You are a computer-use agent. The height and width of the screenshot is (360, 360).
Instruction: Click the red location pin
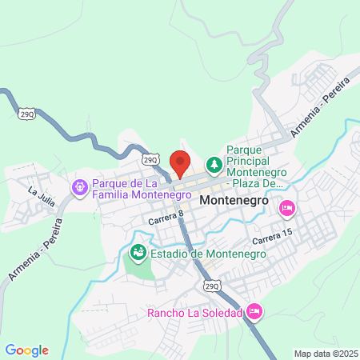pyautogui.click(x=180, y=162)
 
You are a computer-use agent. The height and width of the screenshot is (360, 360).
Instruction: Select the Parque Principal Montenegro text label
pyautogui.click(x=255, y=166)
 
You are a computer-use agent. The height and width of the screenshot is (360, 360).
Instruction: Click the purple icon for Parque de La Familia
pyautogui.click(x=80, y=188)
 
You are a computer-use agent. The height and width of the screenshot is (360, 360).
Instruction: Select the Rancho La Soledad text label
pyautogui.click(x=194, y=312)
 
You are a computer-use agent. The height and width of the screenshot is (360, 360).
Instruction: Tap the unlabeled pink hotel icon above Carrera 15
pyautogui.click(x=286, y=208)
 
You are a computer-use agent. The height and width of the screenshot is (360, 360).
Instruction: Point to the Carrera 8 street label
pyautogui.click(x=166, y=216)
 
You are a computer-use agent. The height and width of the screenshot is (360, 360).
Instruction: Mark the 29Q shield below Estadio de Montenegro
pyautogui.click(x=211, y=285)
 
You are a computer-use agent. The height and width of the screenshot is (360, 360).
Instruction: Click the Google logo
pyautogui.click(x=27, y=350)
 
